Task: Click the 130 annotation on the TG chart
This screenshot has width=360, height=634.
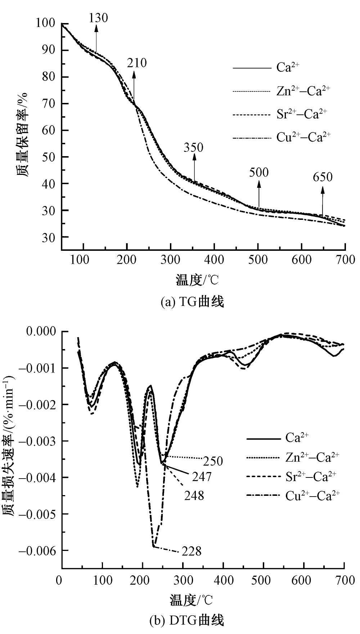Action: tap(98, 18)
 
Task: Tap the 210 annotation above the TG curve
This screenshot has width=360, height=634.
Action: tap(137, 63)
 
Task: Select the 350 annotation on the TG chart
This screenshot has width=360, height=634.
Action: tap(194, 147)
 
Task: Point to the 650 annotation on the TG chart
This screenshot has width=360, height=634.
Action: tap(323, 177)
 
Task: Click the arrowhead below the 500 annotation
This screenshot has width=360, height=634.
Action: tap(258, 184)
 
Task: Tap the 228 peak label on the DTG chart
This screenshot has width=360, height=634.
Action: tap(192, 551)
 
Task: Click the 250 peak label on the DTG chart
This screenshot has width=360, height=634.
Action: tap(213, 461)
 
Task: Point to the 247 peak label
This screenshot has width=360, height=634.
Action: tap(201, 477)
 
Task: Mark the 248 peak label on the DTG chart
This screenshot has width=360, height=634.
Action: tap(194, 495)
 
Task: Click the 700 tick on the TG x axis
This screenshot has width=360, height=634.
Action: tap(345, 259)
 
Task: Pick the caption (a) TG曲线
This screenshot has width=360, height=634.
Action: tap(192, 302)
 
